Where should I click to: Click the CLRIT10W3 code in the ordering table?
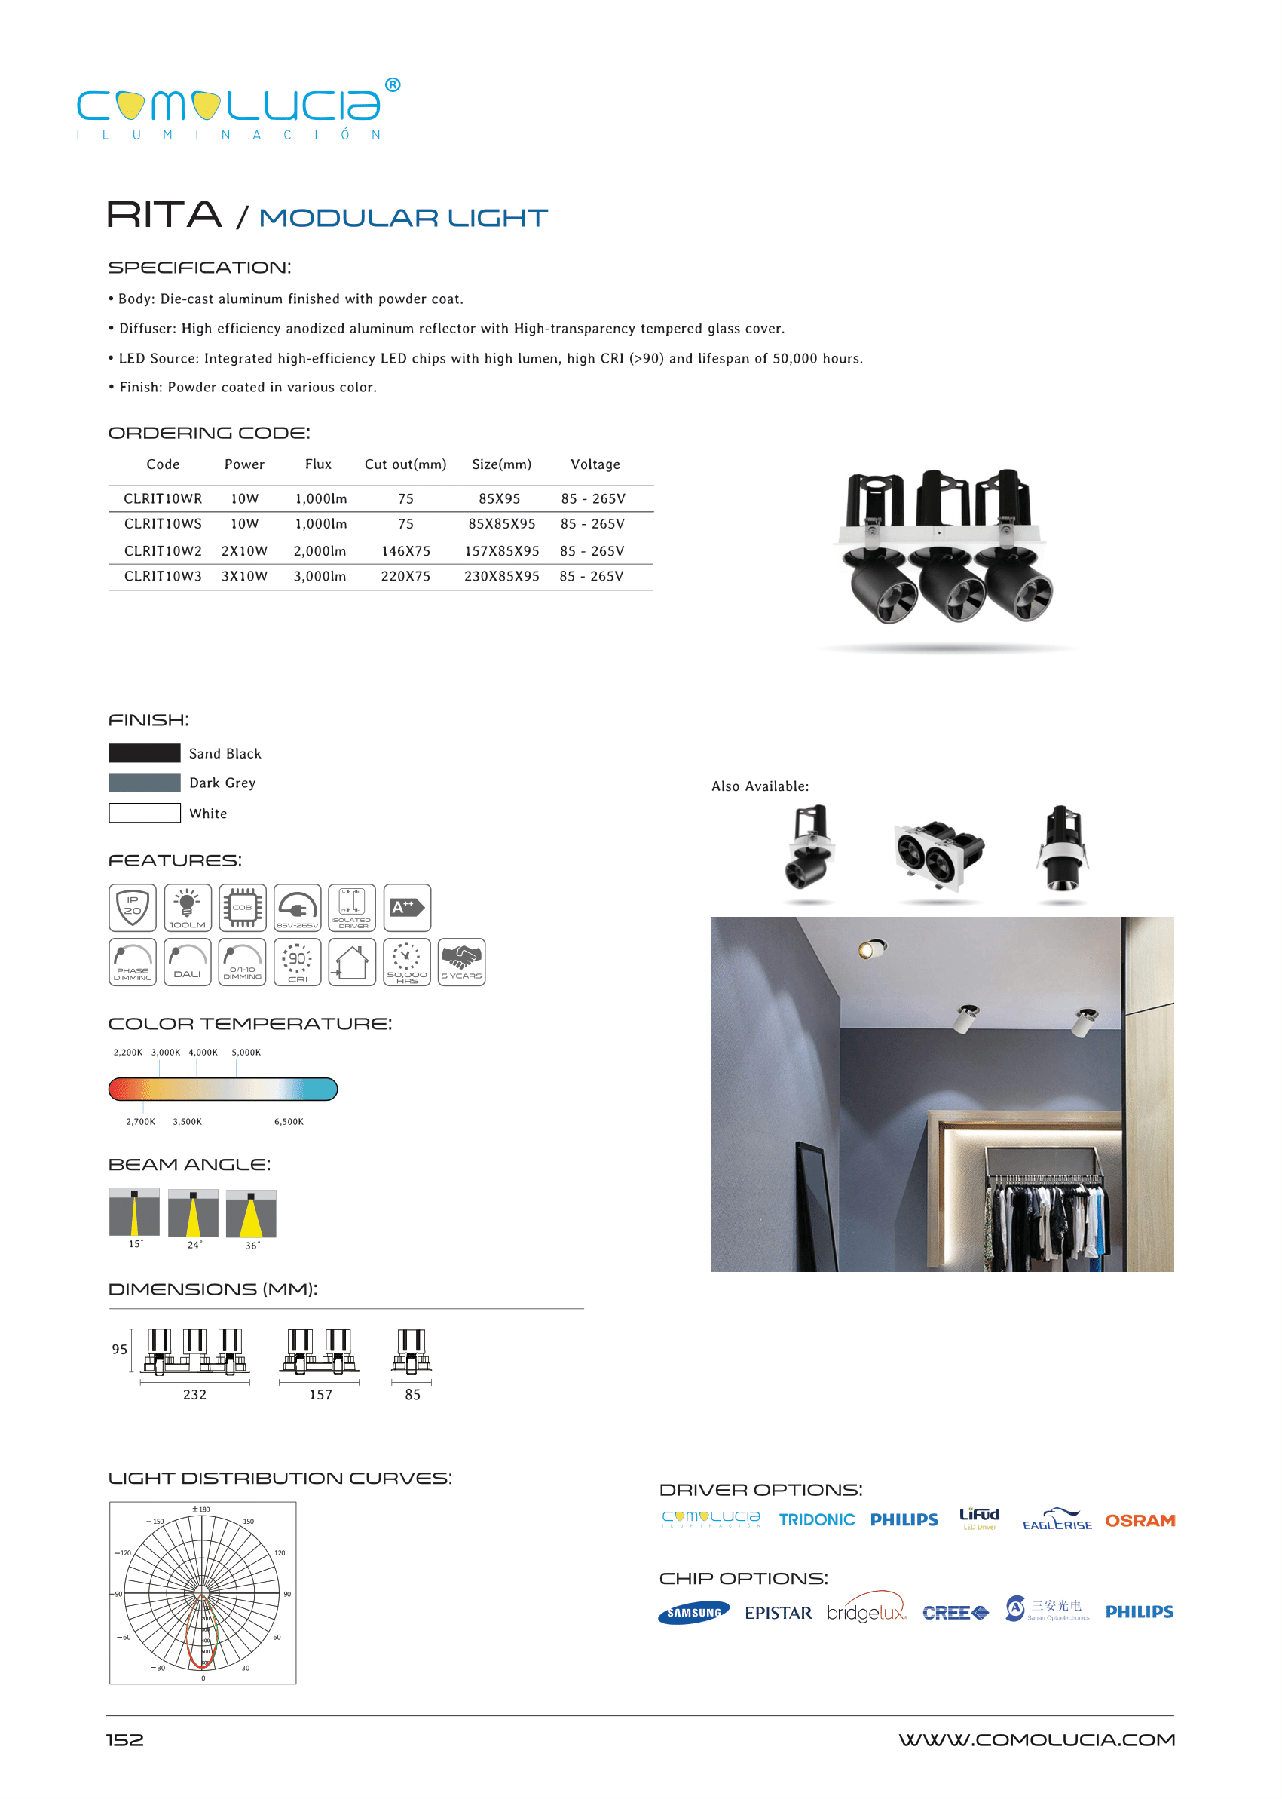point(163,577)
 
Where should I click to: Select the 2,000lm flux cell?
point(320,551)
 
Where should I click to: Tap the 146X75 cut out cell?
point(405,551)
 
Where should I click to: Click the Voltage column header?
point(595,464)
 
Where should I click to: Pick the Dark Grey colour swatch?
point(145,783)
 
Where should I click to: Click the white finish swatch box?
point(145,813)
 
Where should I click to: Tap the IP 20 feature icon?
point(133,907)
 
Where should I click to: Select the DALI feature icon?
point(187,962)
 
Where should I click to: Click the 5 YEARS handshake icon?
point(461,962)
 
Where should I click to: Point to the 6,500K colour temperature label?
point(288,1121)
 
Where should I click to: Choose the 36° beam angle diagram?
point(251,1214)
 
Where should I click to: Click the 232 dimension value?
point(194,1395)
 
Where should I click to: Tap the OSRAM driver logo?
point(1139,1520)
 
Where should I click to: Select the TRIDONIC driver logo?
point(816,1519)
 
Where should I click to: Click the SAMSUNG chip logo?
point(693,1613)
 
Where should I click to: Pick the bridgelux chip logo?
point(866,1611)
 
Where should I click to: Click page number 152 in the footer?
point(124,1739)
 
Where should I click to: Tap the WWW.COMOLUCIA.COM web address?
point(1036,1739)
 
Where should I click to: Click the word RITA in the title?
point(164,215)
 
